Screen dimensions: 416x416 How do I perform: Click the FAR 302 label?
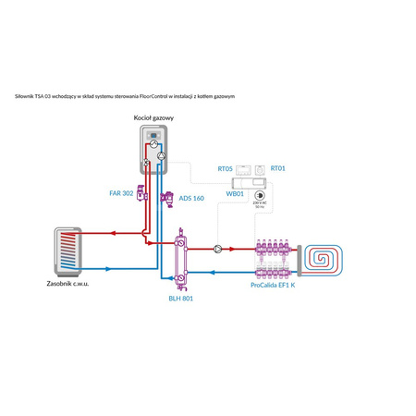[x=121, y=194]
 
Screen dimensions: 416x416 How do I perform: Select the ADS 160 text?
[x=192, y=198]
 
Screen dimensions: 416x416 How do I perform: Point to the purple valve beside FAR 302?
[x=141, y=194]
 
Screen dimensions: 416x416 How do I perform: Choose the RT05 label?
[x=225, y=169]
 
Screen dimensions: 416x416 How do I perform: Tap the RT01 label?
[x=278, y=169]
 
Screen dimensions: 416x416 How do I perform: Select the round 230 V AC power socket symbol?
[x=261, y=196]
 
